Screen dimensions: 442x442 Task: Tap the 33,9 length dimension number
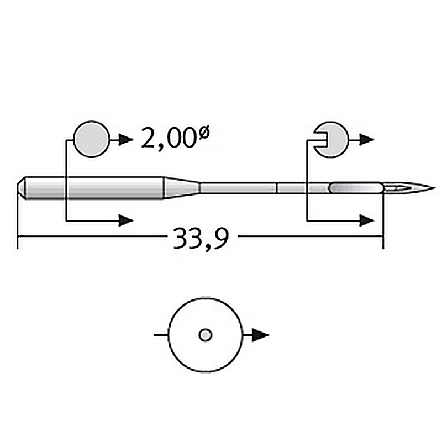click(201, 239)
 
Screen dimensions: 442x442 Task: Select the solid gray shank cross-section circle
click(91, 139)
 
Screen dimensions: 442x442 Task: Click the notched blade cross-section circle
click(333, 140)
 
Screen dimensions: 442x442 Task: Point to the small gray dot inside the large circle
click(205, 335)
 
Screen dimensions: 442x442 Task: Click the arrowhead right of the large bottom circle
click(260, 335)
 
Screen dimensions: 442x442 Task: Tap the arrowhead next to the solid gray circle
click(125, 139)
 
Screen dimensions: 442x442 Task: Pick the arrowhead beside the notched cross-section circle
click(366, 140)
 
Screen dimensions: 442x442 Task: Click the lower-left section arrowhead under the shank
click(126, 220)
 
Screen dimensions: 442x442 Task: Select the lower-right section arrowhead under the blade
click(366, 220)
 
